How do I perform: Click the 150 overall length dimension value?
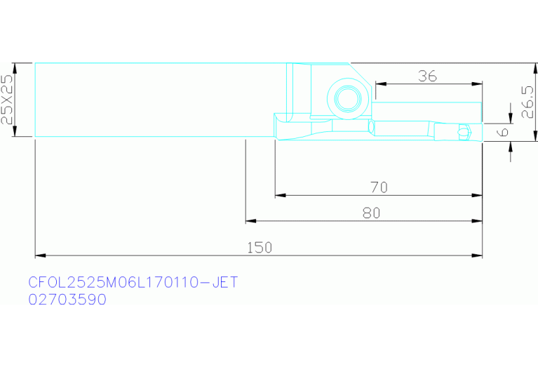point(260,247)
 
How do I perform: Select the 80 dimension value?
point(372,213)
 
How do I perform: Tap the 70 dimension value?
point(379,187)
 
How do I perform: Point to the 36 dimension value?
point(427,76)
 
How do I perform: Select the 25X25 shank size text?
point(7,100)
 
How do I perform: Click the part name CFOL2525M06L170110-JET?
point(133,283)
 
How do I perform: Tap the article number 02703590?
point(67,300)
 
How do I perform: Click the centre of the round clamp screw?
point(348,99)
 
